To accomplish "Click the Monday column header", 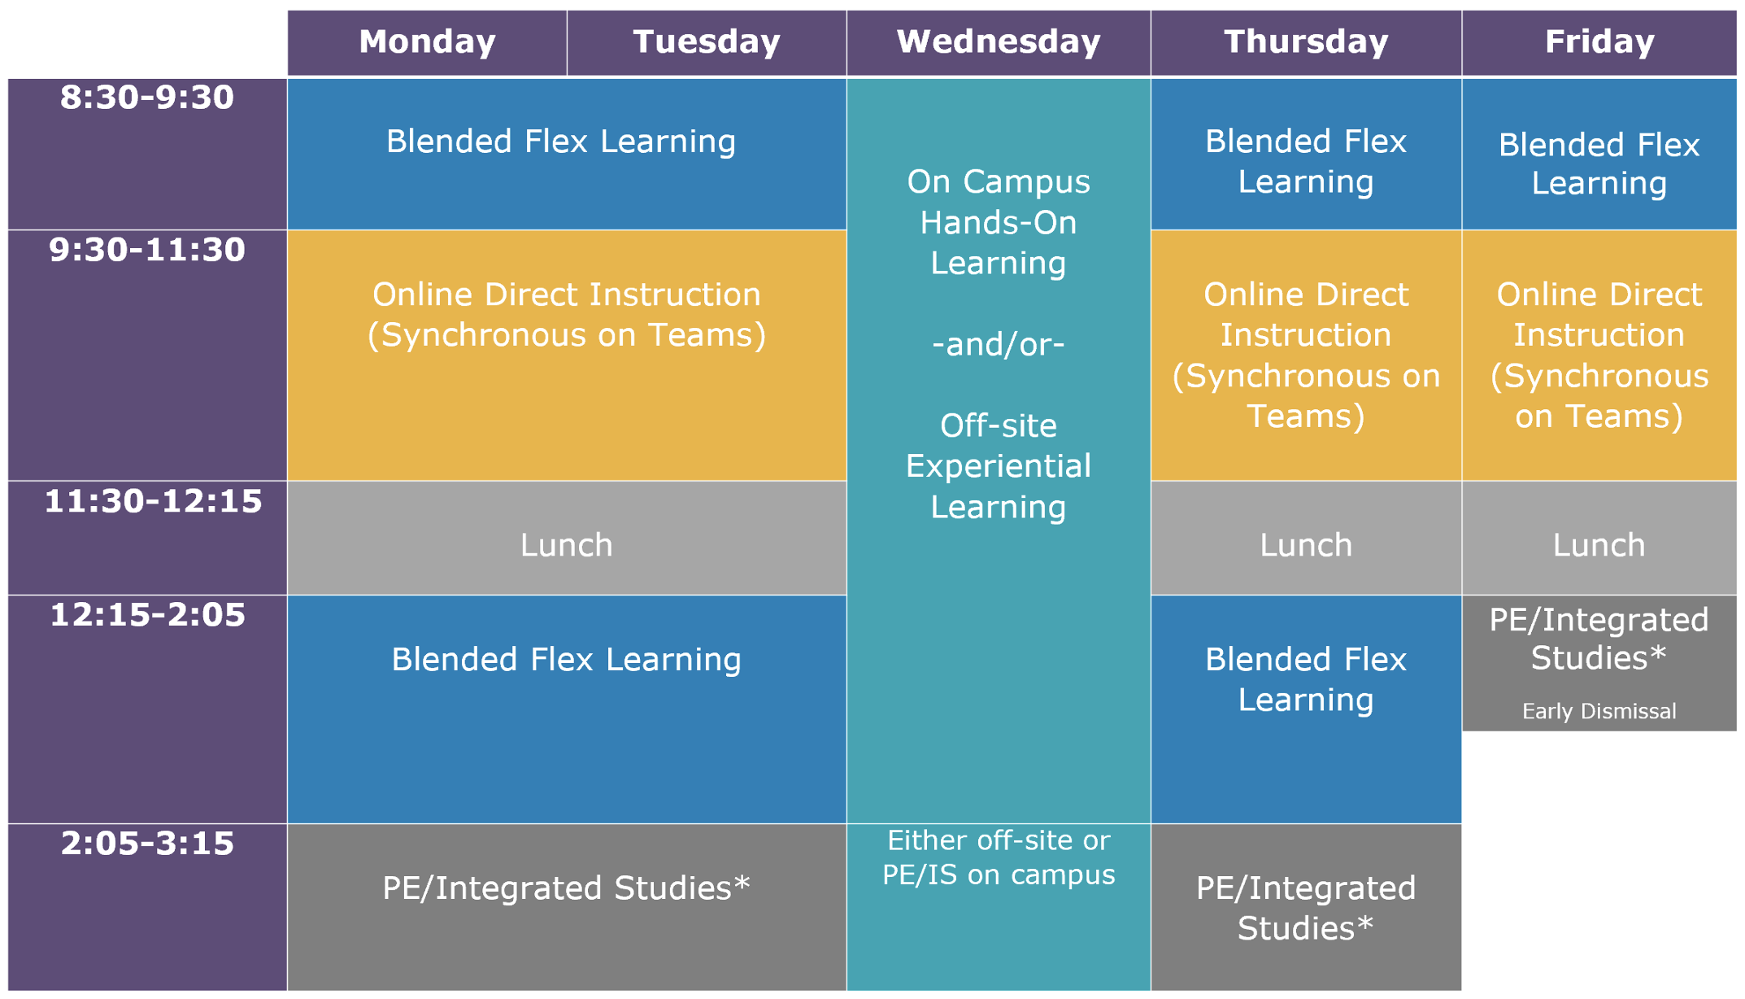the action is tap(427, 42).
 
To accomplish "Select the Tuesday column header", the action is tap(707, 42).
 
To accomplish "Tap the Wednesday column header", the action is tap(999, 42).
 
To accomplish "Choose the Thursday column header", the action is tap(1306, 42).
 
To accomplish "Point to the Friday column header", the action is tap(1599, 42).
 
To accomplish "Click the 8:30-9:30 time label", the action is tap(147, 98).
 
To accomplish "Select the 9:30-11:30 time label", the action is tap(147, 250).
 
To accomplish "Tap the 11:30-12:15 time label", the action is tap(153, 501).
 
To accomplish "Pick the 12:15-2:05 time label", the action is tap(147, 615).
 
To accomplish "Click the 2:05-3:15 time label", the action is tap(147, 844).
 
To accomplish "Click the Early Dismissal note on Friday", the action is tap(1599, 711).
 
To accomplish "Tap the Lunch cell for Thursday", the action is tap(1306, 538).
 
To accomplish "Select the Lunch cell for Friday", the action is tap(1599, 538).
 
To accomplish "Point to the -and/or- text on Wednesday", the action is tap(998, 344).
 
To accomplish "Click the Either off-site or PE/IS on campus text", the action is tap(999, 857).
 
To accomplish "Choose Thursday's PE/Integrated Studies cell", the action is tap(1306, 907).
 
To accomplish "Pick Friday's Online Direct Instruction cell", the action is tap(1599, 356).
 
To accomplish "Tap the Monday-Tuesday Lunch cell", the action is tap(567, 538).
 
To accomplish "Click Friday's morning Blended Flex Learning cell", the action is tap(1599, 154).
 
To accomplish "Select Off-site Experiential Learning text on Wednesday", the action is tap(999, 466).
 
